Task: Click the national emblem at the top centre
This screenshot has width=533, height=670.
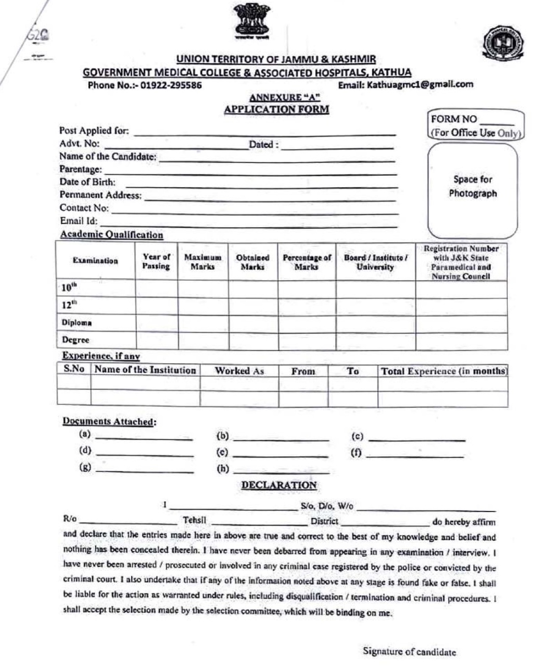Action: coord(252,20)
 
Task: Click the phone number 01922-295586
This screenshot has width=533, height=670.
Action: coord(171,85)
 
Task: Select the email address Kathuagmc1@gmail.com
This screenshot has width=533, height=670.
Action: coord(419,84)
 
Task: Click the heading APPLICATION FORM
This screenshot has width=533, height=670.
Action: coord(276,110)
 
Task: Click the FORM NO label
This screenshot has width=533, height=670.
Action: coord(454,119)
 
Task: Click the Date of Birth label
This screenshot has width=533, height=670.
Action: coord(87,182)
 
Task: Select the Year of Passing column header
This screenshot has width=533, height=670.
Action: coord(156,261)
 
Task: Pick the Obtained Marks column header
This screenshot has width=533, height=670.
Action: coord(252,262)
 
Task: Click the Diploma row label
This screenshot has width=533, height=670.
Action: coord(76,322)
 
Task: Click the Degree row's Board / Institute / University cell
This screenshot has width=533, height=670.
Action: coord(376,341)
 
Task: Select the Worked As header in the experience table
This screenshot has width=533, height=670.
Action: coord(239,371)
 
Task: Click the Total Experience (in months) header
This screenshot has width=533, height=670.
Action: coord(443,371)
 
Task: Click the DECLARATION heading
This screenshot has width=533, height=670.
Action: coord(279,485)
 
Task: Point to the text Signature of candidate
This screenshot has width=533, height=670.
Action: coord(409,651)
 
